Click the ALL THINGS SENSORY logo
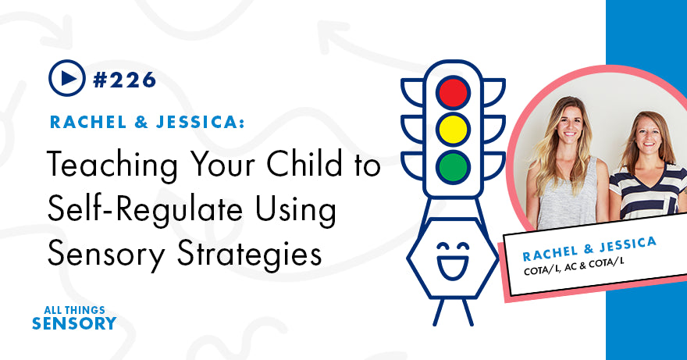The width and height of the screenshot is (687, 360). click(73, 316)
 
